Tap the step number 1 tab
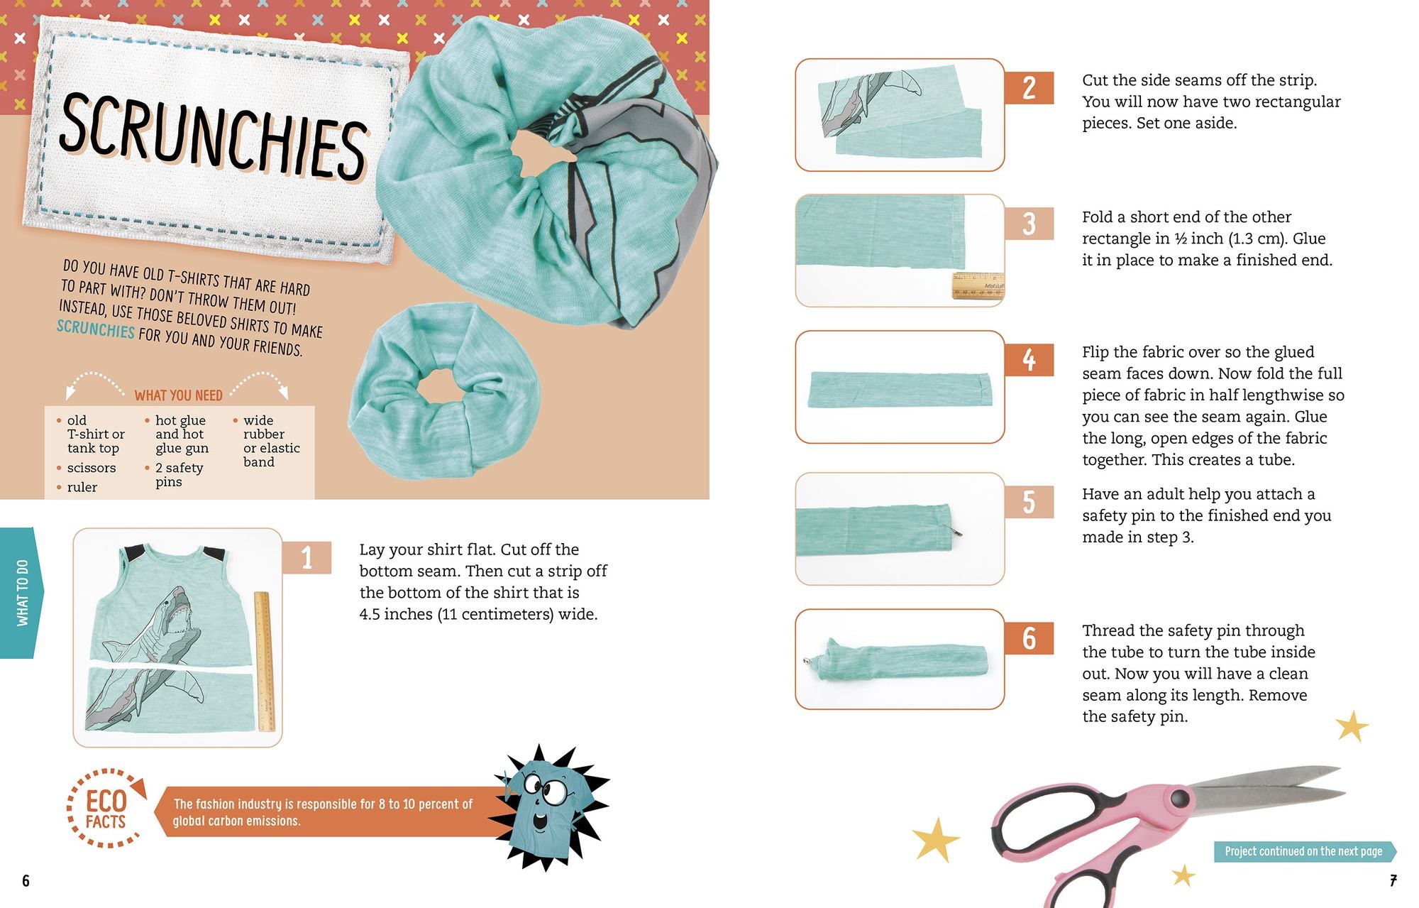(x=307, y=557)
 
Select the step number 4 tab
(x=1029, y=360)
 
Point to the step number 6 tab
(x=1029, y=638)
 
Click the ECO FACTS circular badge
(x=106, y=809)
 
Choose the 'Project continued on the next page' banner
(x=1304, y=851)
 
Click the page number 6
(x=26, y=881)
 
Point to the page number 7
(x=1393, y=881)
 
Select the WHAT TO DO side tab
(x=22, y=593)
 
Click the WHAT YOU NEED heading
(x=179, y=395)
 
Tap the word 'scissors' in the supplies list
(x=92, y=468)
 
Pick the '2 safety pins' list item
(x=179, y=475)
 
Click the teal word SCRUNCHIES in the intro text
(x=96, y=329)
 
